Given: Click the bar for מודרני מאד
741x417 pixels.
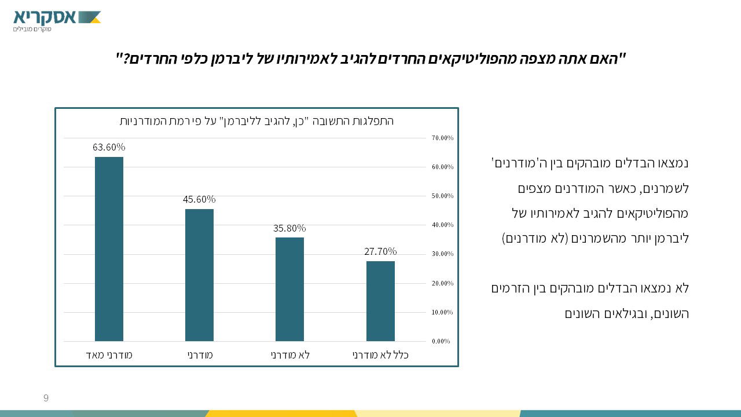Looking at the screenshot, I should click(109, 249).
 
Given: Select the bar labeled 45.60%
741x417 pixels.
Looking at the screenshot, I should click(199, 275).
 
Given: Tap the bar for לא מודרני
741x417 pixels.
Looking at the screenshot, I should click(289, 290).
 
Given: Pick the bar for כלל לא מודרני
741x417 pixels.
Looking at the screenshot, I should click(380, 301).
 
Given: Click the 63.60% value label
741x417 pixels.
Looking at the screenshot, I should click(109, 147).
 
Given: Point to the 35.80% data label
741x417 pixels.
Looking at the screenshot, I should click(289, 228).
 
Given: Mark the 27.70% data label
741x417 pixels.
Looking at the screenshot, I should click(380, 251).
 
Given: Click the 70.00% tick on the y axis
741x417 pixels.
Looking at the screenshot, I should click(442, 138).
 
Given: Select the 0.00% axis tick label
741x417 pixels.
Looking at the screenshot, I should click(441, 341).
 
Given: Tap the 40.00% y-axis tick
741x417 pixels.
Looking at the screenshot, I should click(442, 225).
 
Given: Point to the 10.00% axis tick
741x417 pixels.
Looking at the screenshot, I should click(442, 312).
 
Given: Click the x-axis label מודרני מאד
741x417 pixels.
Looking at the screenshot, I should click(109, 355).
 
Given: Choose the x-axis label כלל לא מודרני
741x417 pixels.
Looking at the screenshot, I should click(380, 355).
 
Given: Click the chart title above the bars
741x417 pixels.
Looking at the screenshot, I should click(256, 121).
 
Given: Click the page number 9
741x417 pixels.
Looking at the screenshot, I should click(46, 398).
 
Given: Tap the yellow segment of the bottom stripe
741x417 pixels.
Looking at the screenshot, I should click(281, 414).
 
